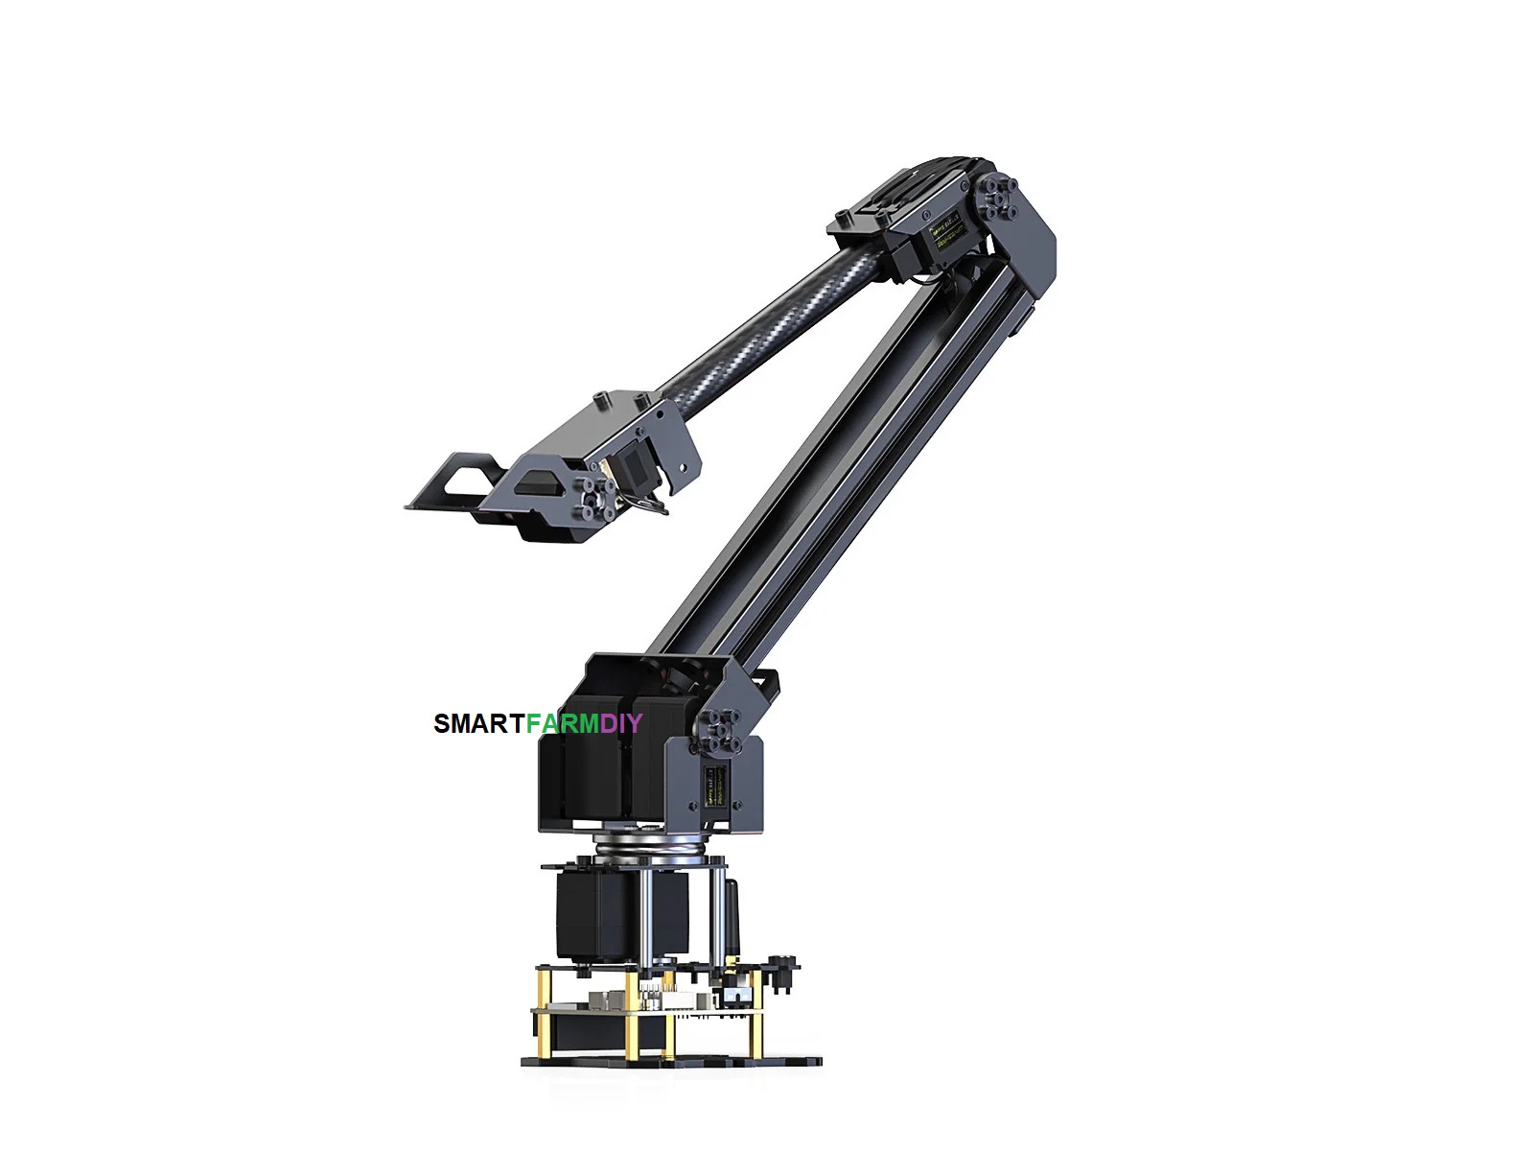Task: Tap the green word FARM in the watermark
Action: click(562, 724)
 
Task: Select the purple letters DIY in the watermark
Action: click(620, 724)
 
